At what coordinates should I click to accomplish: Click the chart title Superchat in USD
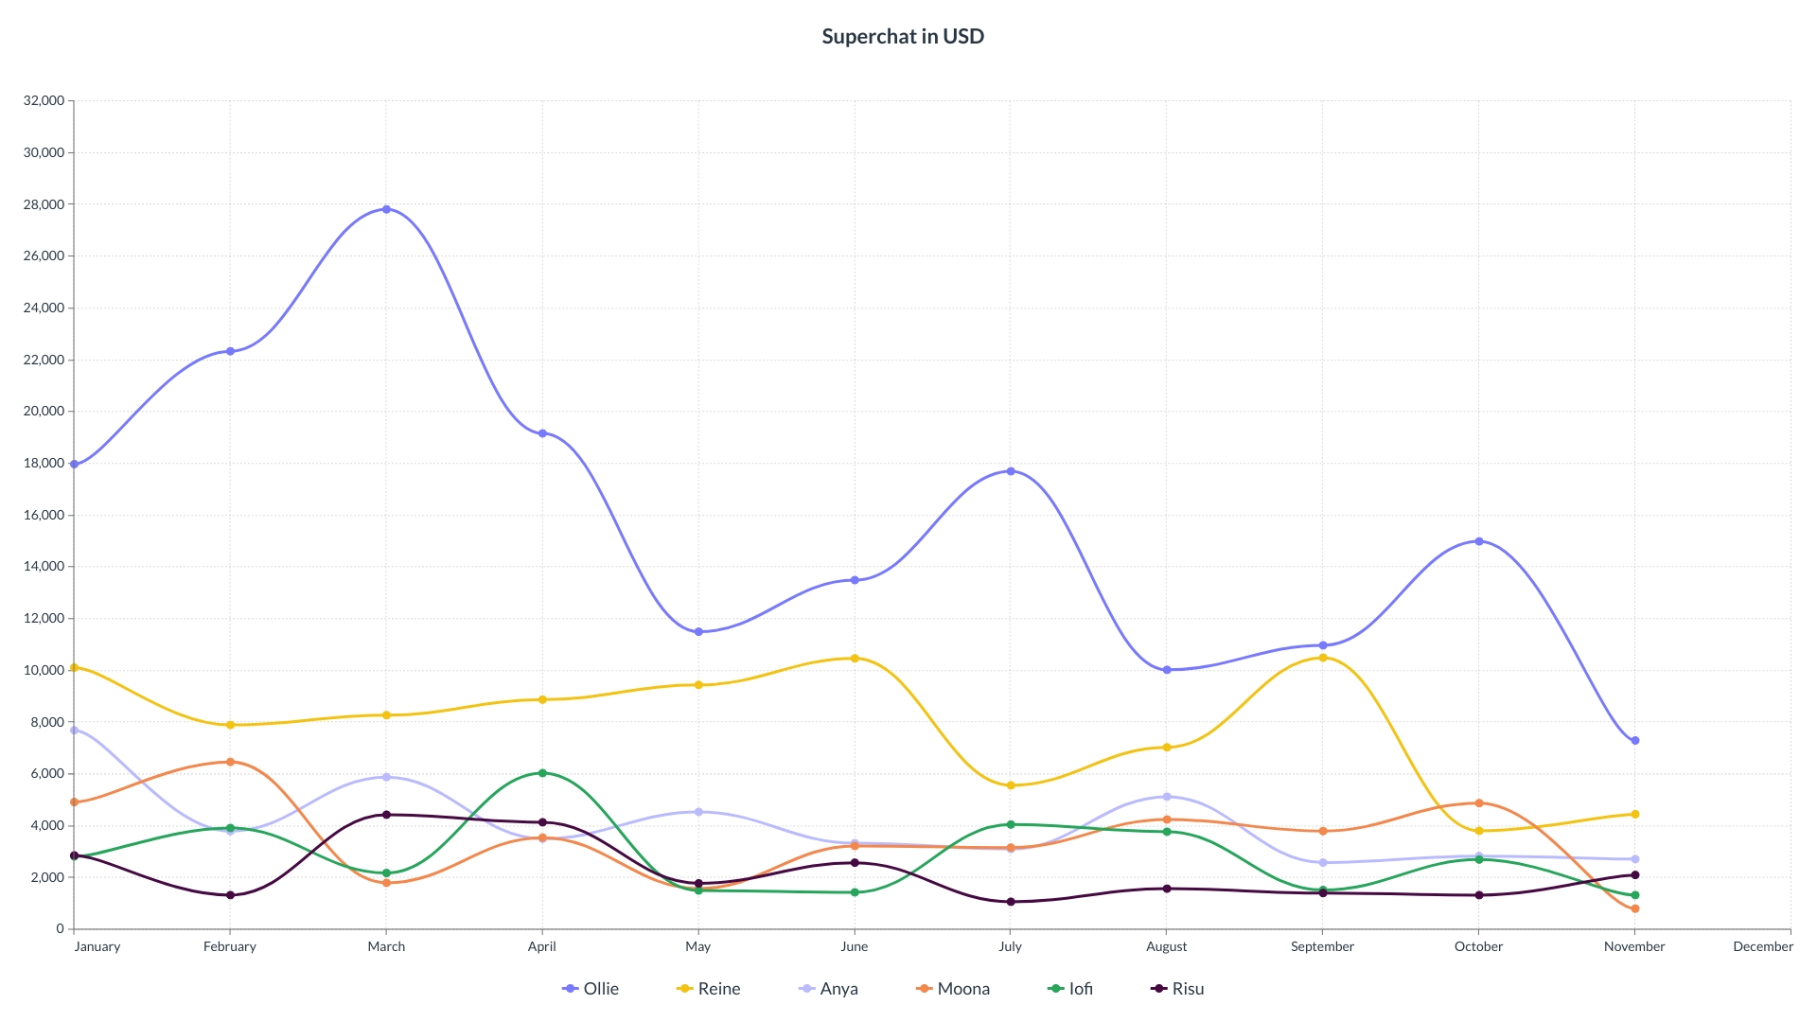[903, 36]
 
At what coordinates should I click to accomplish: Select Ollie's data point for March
[386, 209]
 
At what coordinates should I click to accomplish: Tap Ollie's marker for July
[1011, 471]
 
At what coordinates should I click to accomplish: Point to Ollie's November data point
[1634, 741]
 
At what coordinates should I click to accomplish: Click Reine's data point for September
[1323, 658]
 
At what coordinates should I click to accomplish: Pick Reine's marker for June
[855, 659]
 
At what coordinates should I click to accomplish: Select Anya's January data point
[75, 731]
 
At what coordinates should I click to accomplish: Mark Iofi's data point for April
[542, 773]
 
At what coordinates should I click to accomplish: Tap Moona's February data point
[230, 762]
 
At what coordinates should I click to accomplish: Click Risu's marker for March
[386, 815]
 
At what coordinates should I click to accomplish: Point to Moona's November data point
[1634, 908]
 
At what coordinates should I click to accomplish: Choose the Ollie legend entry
[591, 989]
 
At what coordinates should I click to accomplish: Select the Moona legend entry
[953, 989]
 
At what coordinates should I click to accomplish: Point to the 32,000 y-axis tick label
[44, 100]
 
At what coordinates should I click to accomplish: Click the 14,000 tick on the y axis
[44, 567]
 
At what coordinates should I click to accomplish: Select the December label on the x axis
[1762, 946]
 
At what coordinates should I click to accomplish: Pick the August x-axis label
[1166, 946]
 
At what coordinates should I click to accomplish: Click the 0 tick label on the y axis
[59, 929]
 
